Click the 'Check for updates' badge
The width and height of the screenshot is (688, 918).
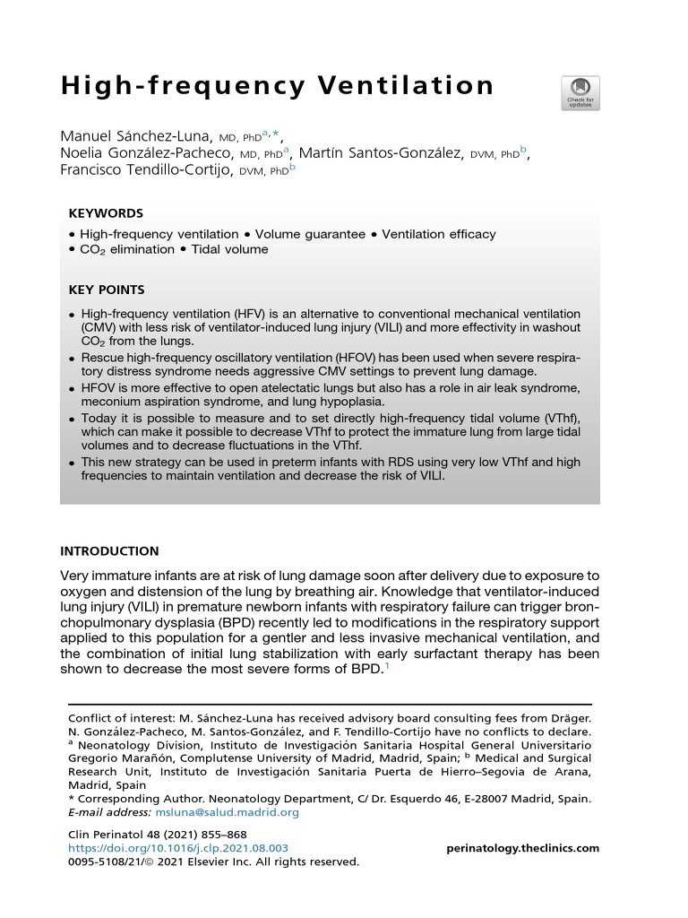580,93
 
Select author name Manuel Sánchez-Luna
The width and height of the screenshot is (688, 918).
136,136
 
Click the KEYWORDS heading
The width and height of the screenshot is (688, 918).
106,213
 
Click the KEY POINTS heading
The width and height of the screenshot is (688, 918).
107,290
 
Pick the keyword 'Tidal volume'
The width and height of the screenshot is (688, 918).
229,249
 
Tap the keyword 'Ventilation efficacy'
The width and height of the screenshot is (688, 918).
438,234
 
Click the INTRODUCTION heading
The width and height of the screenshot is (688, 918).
109,551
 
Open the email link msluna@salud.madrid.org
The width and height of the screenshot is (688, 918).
227,812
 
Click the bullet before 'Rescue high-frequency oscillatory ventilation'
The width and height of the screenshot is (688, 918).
73,358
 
